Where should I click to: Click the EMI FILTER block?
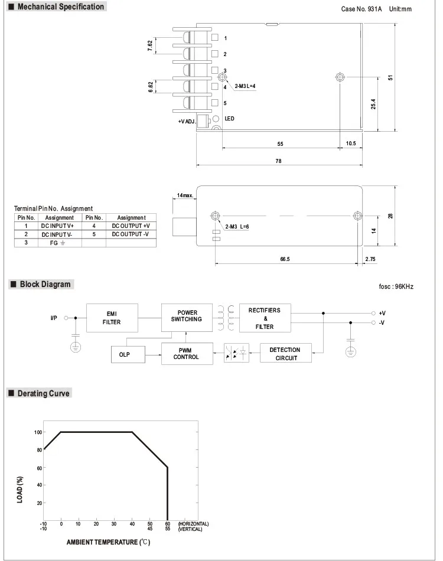coord(112,318)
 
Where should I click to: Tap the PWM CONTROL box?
coord(187,354)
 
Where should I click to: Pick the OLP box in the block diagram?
coord(128,354)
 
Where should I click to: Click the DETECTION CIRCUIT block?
coord(285,353)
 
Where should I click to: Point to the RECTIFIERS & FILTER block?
coord(265,318)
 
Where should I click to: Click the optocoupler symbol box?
coord(236,353)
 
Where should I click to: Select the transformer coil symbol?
coord(226,318)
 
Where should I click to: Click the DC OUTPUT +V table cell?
coord(131,226)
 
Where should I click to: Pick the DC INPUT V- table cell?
coord(57,234)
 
